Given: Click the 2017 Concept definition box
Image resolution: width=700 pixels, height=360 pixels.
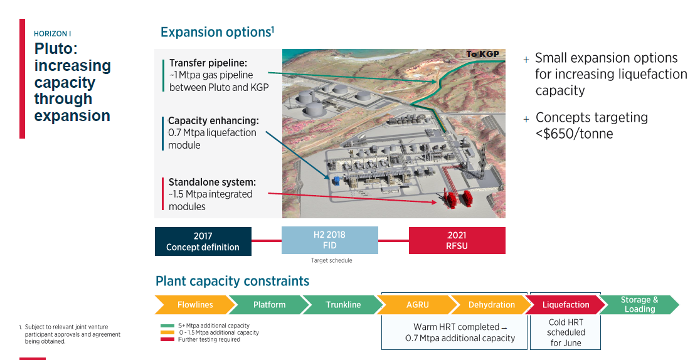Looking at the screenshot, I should coord(203,241).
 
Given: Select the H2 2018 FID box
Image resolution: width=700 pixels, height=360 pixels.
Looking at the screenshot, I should coord(329,240).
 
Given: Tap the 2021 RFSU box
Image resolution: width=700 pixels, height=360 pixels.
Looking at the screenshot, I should coord(457,240).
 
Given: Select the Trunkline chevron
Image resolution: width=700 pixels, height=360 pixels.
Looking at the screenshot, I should coord(342,305).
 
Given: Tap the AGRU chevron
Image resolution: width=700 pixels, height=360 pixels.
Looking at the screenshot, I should coord(416,305).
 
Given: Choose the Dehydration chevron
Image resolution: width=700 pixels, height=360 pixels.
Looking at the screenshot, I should coord(491,305).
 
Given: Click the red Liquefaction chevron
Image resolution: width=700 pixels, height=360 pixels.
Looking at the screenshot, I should coord(565,305).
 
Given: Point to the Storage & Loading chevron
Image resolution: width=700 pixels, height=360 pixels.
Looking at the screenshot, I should coord(639,304).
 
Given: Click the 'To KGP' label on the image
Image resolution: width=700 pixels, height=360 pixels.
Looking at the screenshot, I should coord(482,54).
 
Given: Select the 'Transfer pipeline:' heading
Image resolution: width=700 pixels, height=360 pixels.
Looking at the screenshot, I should coord(208,63).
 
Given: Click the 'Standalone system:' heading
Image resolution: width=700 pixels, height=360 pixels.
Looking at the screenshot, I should coord(212,183).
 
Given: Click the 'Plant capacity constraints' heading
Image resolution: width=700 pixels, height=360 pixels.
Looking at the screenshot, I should coord(232,281).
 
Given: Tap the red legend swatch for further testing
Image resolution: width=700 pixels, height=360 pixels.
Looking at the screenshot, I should coord(167,339).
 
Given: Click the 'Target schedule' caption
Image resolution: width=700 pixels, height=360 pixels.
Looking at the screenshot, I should coord(331,260).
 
